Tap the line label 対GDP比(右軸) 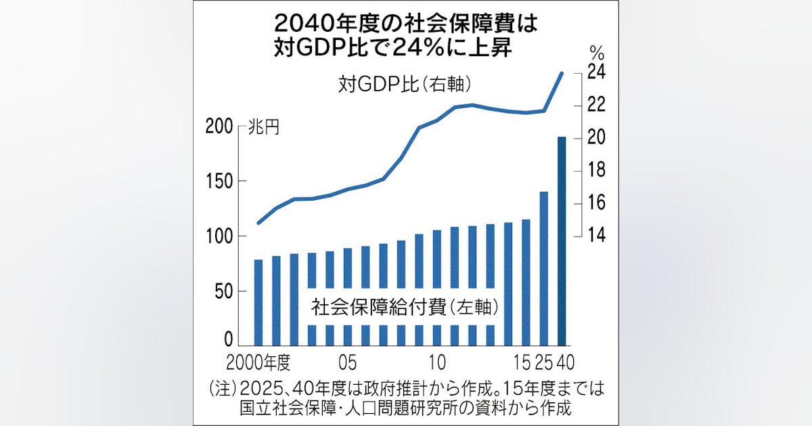tap(405, 87)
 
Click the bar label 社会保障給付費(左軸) tap(405, 308)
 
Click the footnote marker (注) tap(223, 390)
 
